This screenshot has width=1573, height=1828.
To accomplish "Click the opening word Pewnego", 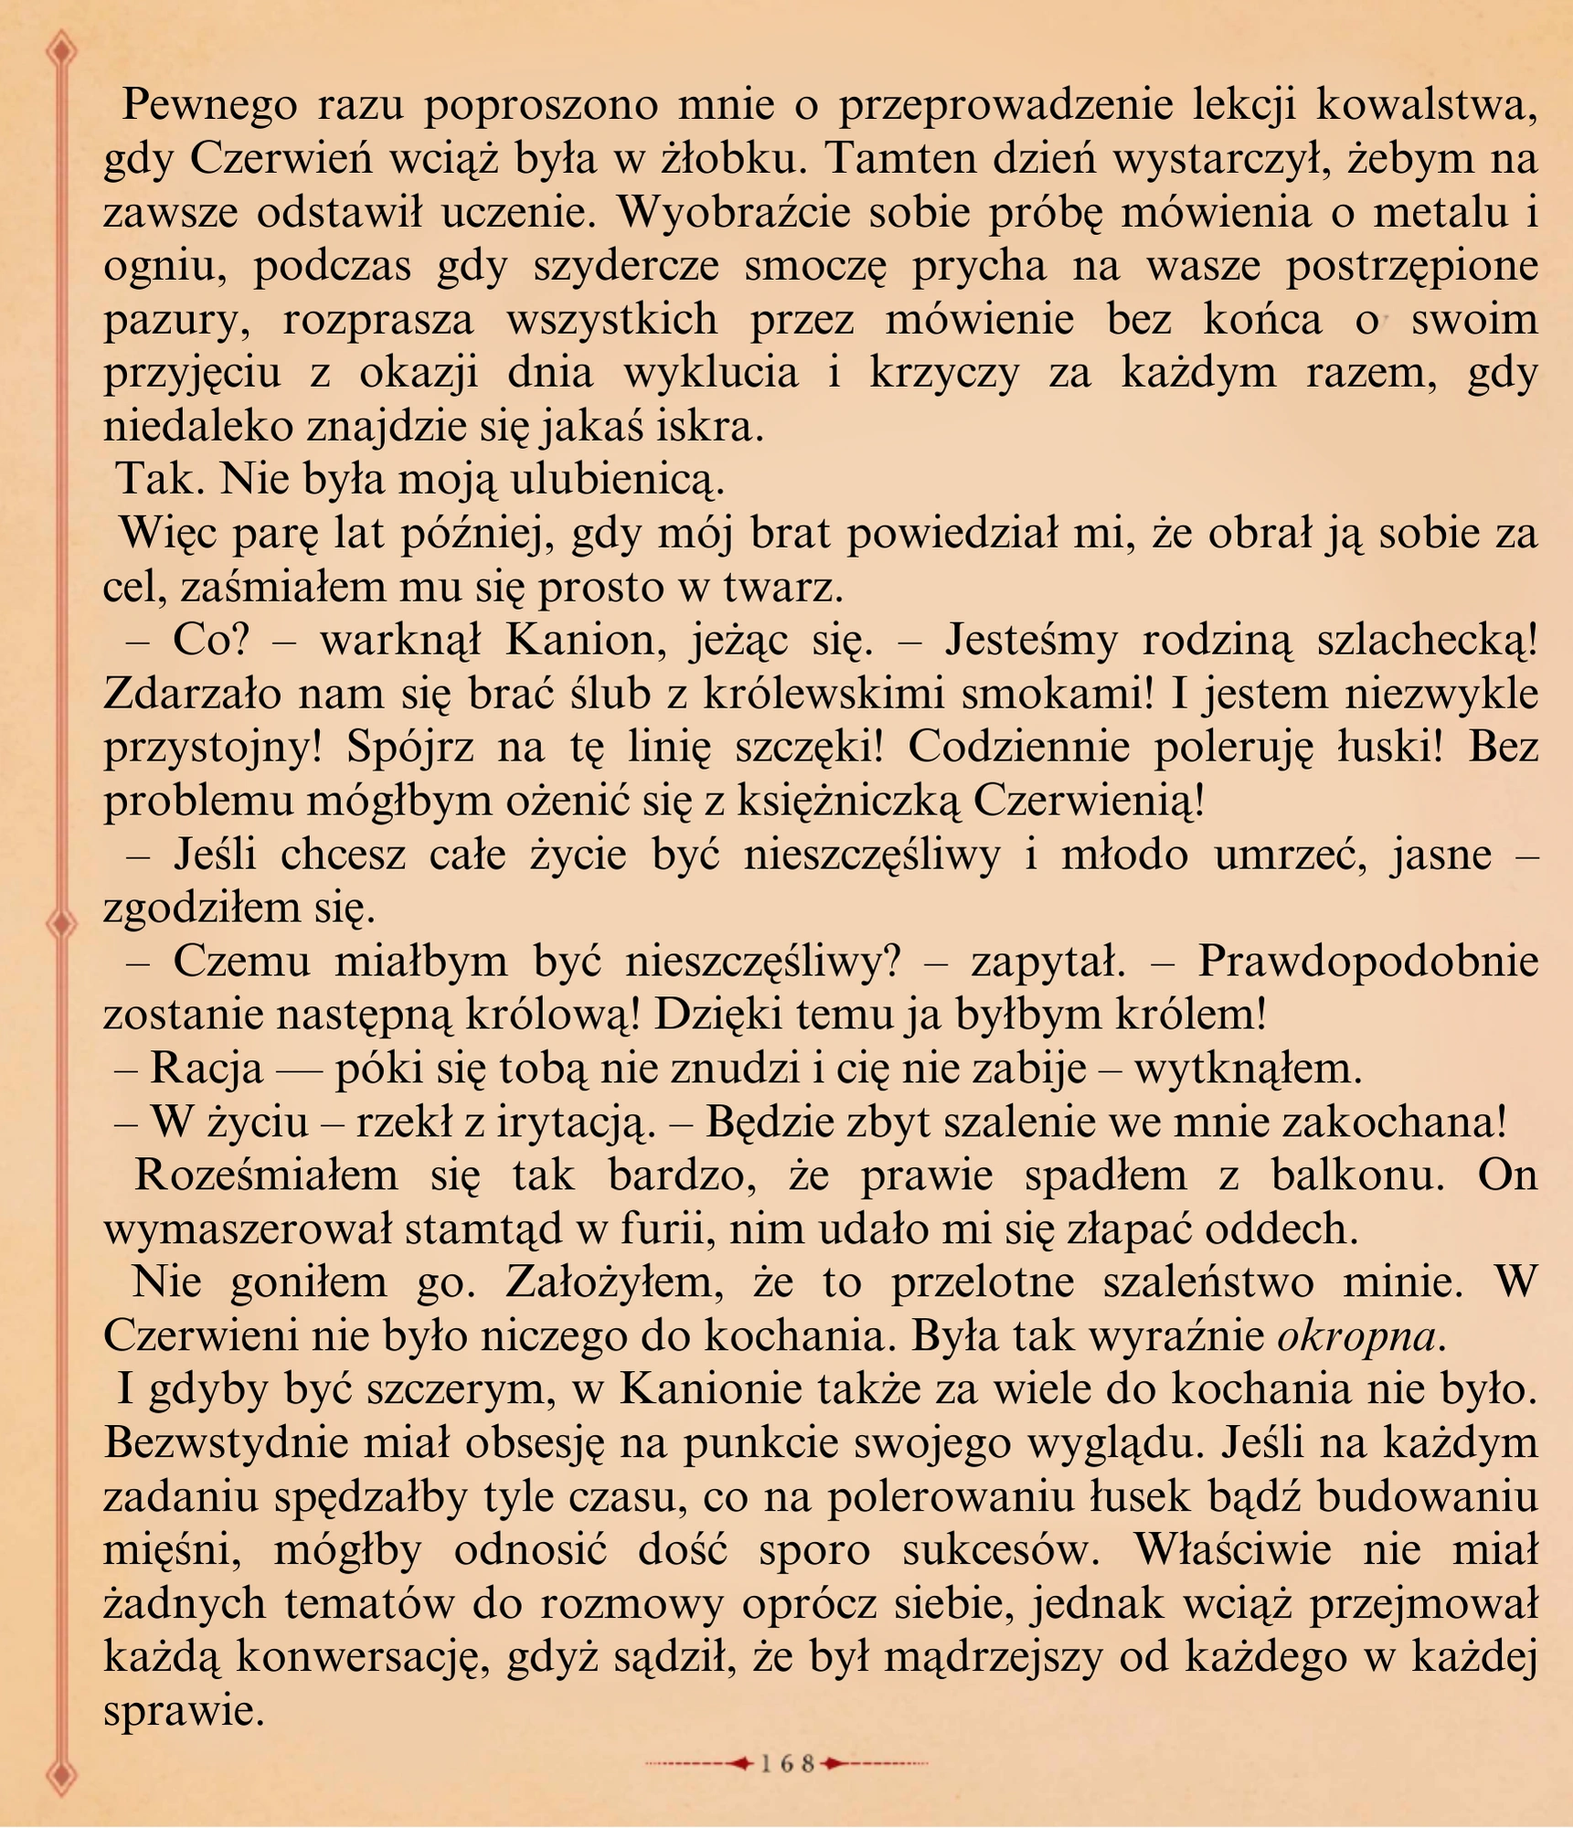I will [x=209, y=107].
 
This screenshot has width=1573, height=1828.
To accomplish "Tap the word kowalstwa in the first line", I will [x=1426, y=107].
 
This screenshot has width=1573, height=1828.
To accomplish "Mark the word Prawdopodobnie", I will [x=1367, y=962].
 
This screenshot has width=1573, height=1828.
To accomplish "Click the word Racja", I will [x=207, y=1068].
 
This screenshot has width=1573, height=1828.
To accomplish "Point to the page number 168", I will [x=787, y=1764].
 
